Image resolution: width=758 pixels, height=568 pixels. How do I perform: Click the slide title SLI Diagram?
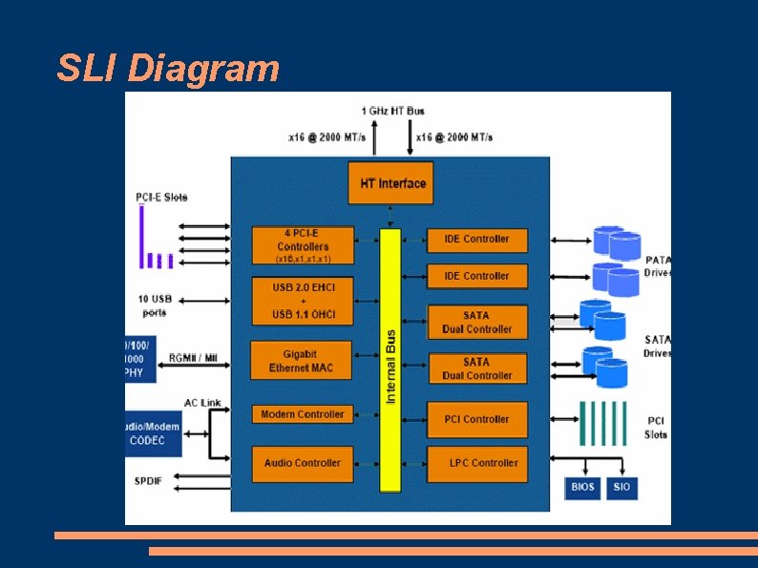point(168,69)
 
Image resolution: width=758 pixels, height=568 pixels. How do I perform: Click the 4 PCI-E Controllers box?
point(303,245)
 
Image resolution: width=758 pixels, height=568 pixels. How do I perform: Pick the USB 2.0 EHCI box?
point(303,301)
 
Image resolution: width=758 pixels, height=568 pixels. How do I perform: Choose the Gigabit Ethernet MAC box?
point(301,361)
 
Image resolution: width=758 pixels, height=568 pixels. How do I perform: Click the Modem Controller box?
point(302,414)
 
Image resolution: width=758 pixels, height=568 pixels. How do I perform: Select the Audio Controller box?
point(302,463)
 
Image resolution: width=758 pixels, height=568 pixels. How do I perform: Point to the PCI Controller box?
point(476,419)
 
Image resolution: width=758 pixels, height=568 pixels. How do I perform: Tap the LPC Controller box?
point(476,463)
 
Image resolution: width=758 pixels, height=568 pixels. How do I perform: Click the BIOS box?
point(582,487)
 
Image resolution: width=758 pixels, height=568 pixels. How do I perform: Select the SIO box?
point(621,487)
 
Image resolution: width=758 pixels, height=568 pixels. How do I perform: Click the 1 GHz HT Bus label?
point(392,111)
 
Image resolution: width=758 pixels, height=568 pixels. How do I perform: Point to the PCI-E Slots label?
point(161,198)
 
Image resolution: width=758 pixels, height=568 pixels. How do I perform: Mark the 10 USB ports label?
point(155,305)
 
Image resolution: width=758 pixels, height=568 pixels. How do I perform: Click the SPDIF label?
point(148,480)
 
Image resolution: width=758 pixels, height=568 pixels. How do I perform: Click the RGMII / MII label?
point(193,357)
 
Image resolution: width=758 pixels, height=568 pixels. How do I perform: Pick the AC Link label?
point(202,402)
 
